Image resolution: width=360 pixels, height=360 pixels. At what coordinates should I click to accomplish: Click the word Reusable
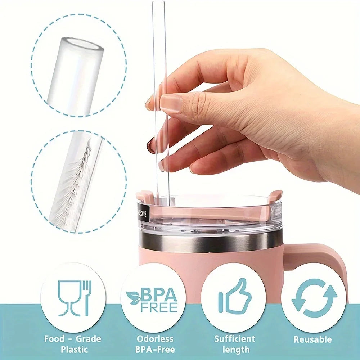point(312,339)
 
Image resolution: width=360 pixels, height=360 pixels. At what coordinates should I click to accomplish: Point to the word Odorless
point(155,338)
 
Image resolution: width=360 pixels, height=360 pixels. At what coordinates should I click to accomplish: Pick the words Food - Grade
point(73,338)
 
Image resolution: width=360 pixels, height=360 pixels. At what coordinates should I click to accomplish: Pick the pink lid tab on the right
point(275,196)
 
